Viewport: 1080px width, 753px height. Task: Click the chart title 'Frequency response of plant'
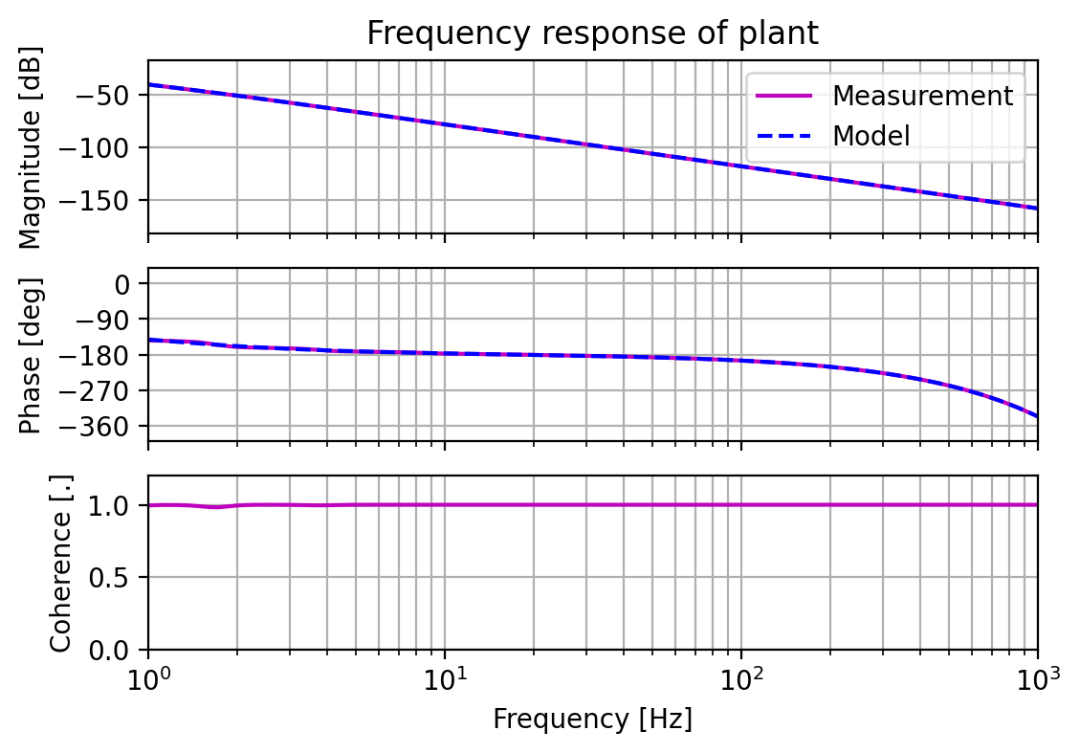tap(592, 33)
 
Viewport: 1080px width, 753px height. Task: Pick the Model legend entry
tap(871, 136)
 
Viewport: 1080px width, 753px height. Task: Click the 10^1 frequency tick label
tap(445, 680)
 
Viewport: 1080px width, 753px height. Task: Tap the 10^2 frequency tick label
tap(741, 680)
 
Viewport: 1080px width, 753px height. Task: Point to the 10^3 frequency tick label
tap(1037, 680)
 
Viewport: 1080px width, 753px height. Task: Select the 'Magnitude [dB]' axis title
tap(31, 147)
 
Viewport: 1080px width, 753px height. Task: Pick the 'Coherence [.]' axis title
tap(61, 564)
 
